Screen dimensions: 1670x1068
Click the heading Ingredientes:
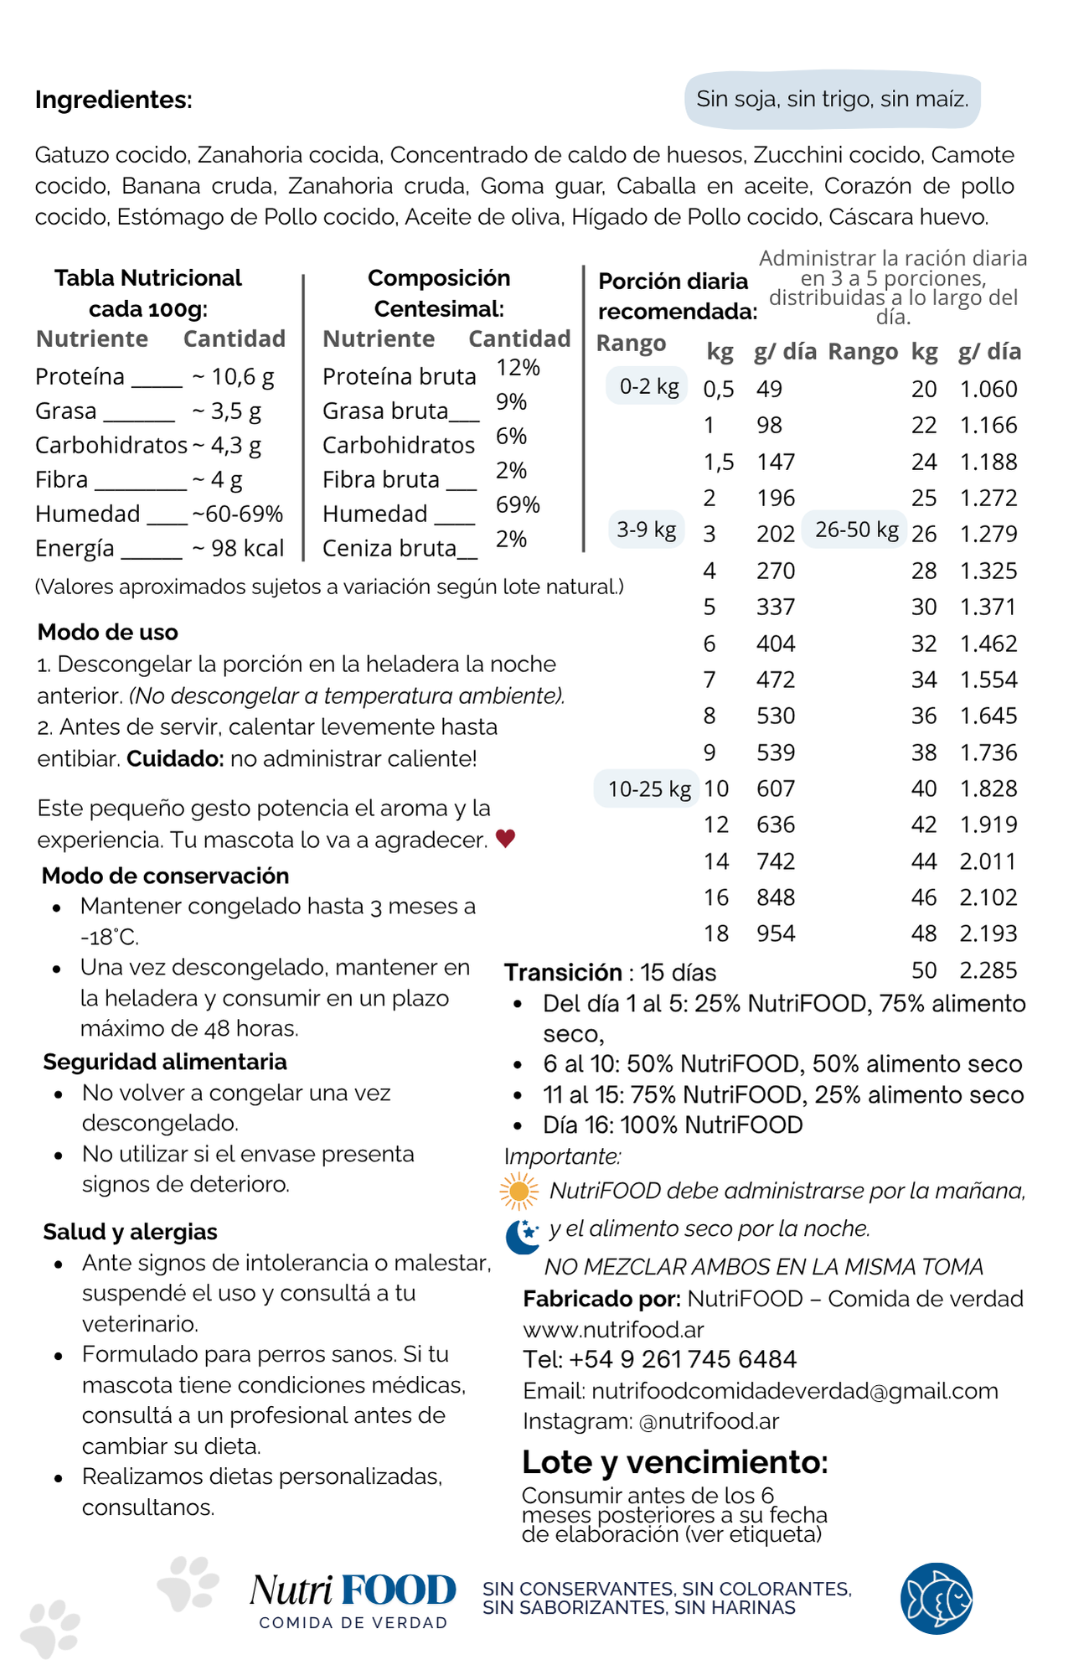pyautogui.click(x=113, y=101)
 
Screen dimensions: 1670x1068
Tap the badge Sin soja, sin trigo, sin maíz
pyautogui.click(x=832, y=100)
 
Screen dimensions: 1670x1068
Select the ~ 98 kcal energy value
pyautogui.click(x=238, y=548)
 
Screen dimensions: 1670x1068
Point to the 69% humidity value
pyautogui.click(x=518, y=504)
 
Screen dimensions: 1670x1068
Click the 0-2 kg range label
pyautogui.click(x=648, y=386)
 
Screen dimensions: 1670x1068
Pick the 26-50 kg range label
pyautogui.click(x=856, y=530)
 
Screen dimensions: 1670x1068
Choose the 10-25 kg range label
pyautogui.click(x=648, y=788)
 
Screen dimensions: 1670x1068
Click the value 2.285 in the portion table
pyautogui.click(x=988, y=970)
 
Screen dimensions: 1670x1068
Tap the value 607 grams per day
pyautogui.click(x=776, y=788)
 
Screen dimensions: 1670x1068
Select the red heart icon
pyautogui.click(x=505, y=838)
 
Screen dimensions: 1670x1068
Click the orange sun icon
pyautogui.click(x=519, y=1191)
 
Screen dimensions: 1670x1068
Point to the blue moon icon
pyautogui.click(x=523, y=1236)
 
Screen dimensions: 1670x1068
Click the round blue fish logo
pyautogui.click(x=936, y=1598)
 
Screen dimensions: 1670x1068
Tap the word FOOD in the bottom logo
pyautogui.click(x=399, y=1590)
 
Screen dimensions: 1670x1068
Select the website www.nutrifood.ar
pyautogui.click(x=613, y=1330)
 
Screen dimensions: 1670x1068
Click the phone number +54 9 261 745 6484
pyautogui.click(x=682, y=1359)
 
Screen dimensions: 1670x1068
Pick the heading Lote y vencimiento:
pyautogui.click(x=674, y=1462)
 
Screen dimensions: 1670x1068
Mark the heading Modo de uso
pyautogui.click(x=108, y=632)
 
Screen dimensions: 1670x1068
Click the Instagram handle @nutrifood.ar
pyautogui.click(x=709, y=1421)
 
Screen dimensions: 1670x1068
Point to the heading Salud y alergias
pyautogui.click(x=130, y=1232)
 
